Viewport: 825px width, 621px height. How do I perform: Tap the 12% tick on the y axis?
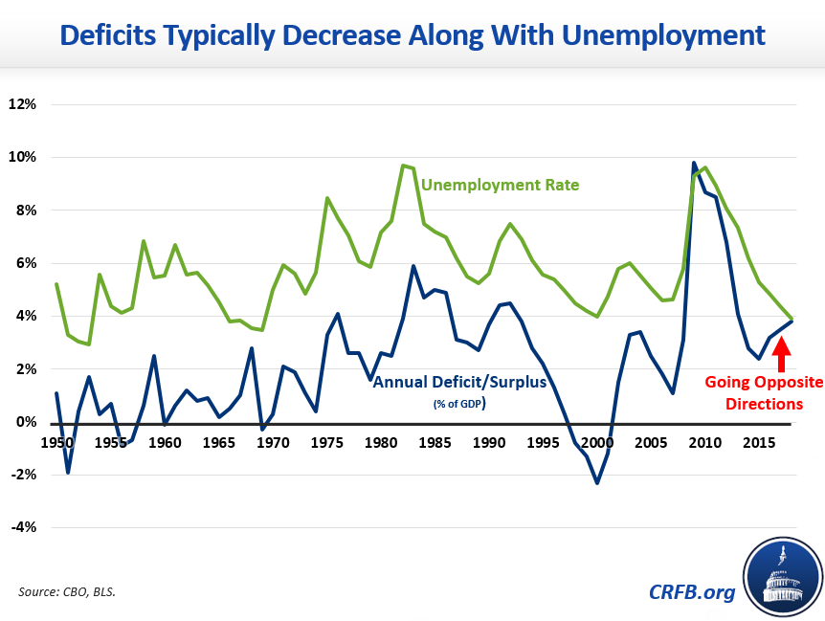(x=22, y=103)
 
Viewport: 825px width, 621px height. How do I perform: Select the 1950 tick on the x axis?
(x=57, y=444)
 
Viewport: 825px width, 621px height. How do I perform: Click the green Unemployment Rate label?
(x=500, y=185)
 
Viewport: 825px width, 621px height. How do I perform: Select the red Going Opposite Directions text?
(x=764, y=392)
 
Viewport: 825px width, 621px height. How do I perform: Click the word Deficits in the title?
(x=118, y=36)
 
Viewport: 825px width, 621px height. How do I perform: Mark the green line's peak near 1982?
(x=403, y=166)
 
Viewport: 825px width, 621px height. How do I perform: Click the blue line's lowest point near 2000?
(x=597, y=483)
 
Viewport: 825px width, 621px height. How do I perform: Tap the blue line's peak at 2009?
(x=694, y=163)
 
